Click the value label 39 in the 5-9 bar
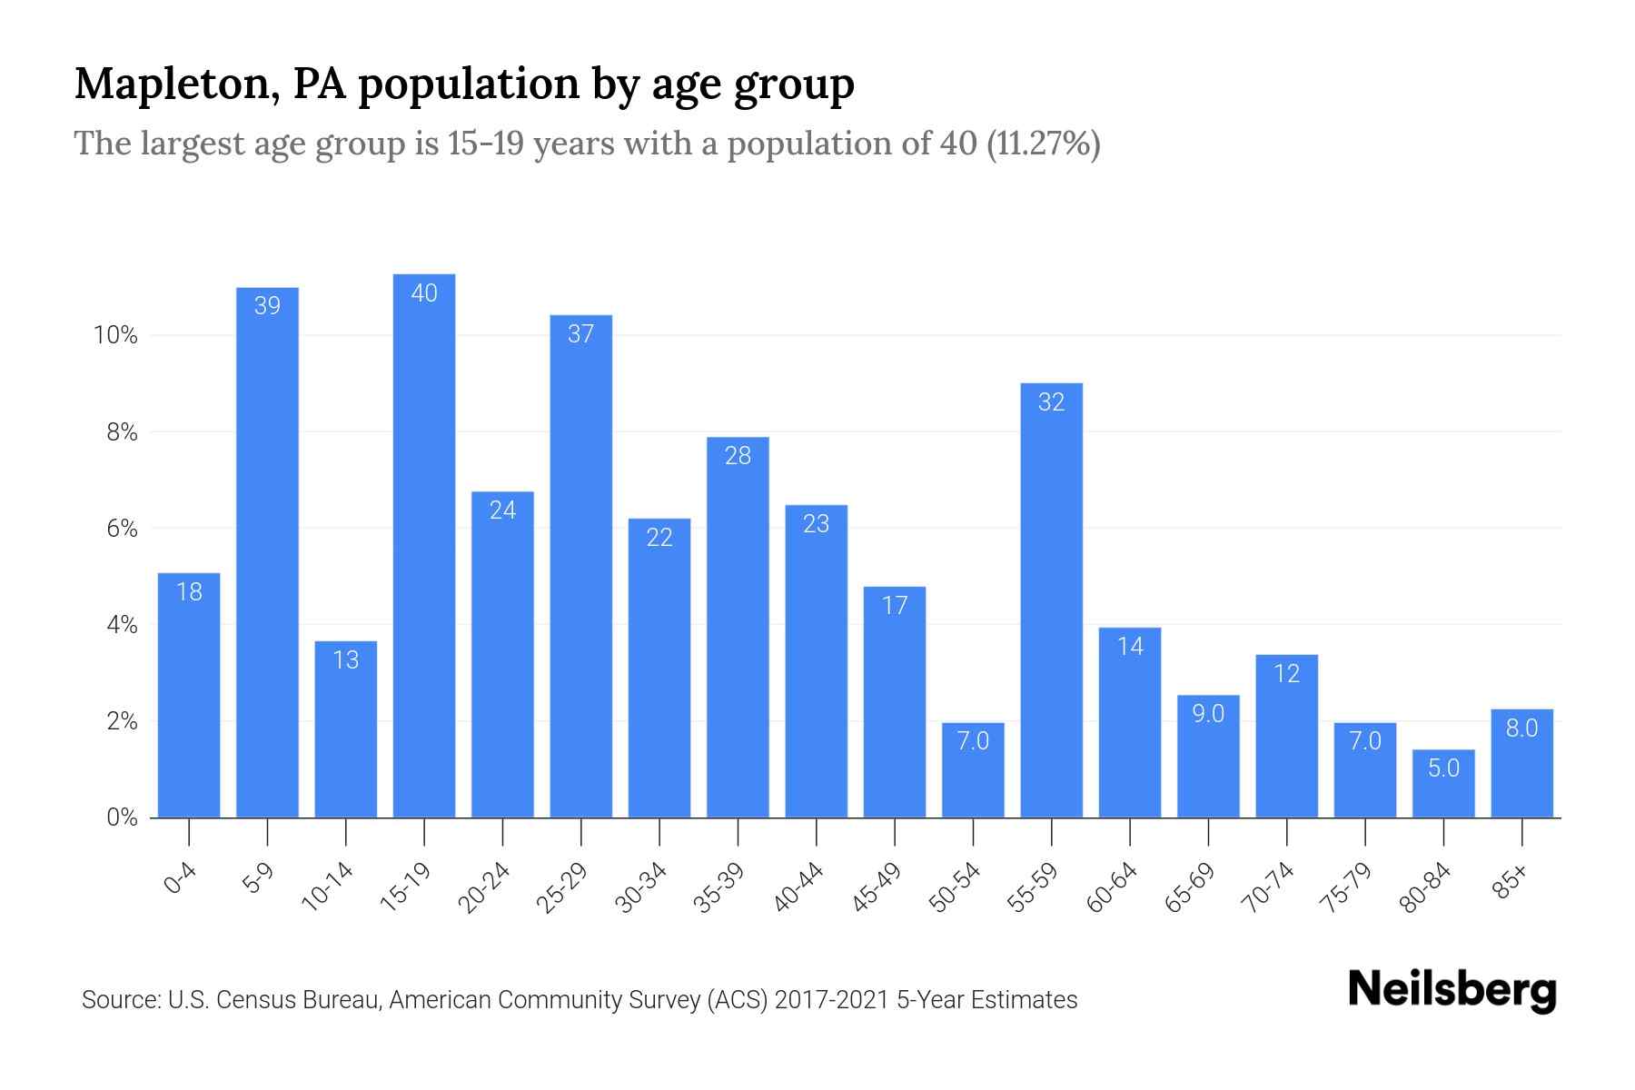pos(267,306)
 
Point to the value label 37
pos(580,334)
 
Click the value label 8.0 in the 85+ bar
pos(1521,728)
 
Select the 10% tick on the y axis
pos(115,336)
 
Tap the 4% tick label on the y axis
pos(122,625)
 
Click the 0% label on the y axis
pos(122,817)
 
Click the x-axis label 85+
pos(1511,882)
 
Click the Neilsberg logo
pos(1452,990)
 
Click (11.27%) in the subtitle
pos(1044,144)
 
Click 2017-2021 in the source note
pos(831,1000)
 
